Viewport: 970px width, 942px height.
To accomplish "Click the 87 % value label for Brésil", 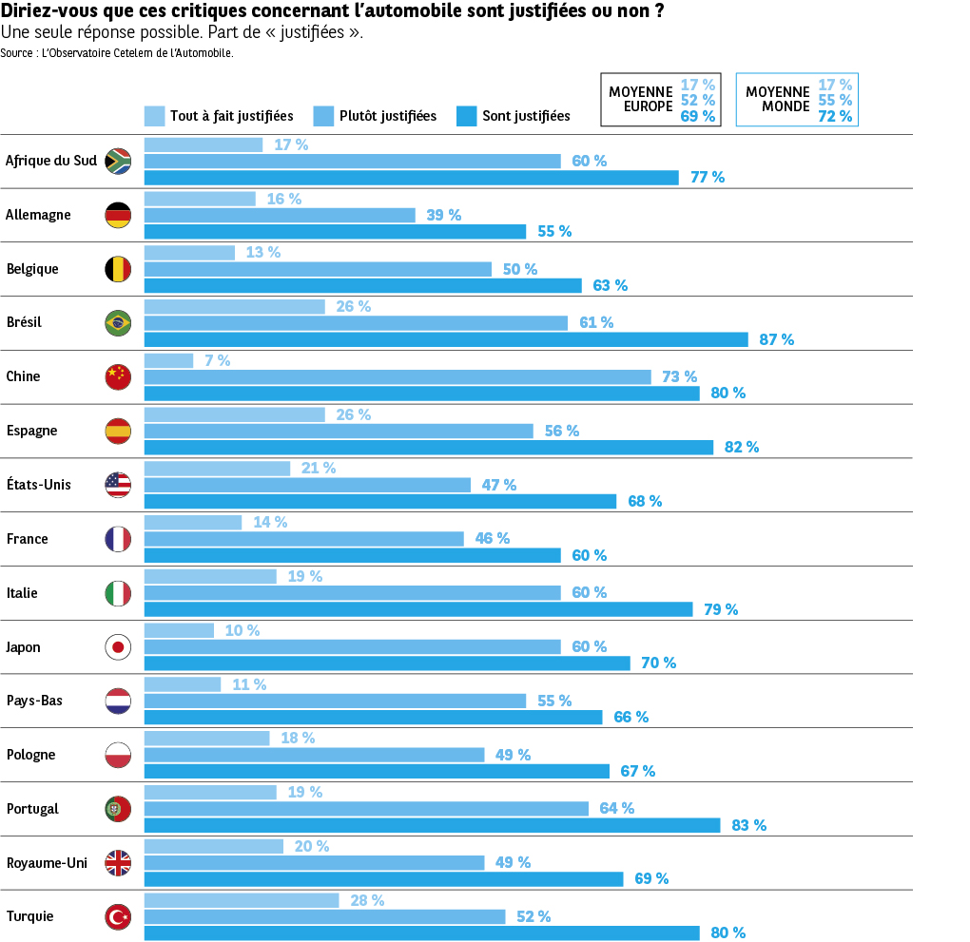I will pos(776,339).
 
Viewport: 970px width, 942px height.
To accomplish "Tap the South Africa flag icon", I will pos(118,161).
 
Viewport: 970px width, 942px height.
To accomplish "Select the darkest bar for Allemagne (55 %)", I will pos(335,231).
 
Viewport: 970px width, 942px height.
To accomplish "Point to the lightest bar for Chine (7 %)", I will pos(168,361).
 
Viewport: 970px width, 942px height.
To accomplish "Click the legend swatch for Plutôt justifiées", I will pos(324,116).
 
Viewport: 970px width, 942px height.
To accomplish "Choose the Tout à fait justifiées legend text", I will pos(231,116).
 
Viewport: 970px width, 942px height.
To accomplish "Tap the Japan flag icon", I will pos(118,647).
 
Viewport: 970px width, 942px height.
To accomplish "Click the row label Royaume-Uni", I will pos(47,863).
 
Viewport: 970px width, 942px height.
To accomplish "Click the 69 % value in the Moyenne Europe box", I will pos(697,117).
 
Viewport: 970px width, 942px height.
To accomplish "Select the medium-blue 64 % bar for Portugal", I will pos(366,808).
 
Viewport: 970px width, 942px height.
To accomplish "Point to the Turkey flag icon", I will pos(118,917).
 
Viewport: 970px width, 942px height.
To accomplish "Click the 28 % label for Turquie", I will pos(367,900).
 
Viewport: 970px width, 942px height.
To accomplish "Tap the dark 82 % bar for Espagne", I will pos(428,447).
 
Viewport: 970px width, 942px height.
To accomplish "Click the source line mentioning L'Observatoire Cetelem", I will pos(117,53).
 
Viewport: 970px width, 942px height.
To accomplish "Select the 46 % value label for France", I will pos(492,539).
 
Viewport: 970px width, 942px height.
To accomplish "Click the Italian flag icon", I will pos(118,593).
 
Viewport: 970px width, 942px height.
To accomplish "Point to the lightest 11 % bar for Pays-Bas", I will pos(183,684).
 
